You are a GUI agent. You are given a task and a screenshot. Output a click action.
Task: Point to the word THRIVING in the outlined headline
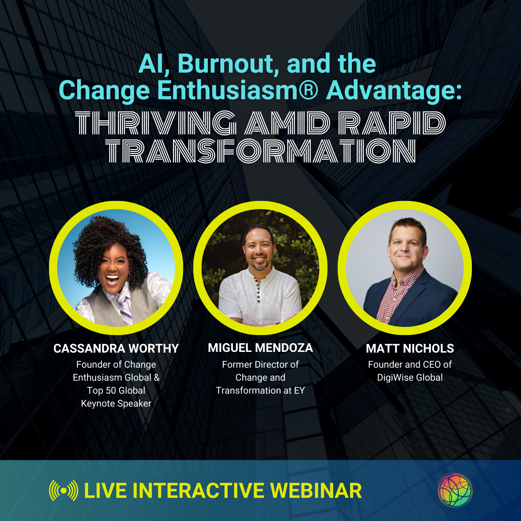tap(156, 123)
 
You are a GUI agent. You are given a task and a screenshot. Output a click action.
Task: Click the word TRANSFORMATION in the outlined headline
tap(261, 151)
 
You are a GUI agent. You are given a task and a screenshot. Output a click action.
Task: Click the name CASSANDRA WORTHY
tap(116, 348)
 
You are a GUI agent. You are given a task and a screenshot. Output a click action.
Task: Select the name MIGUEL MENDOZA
tap(260, 348)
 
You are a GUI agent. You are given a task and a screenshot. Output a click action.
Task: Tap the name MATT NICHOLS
tap(410, 348)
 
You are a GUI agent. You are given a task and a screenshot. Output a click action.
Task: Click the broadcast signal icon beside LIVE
tap(64, 490)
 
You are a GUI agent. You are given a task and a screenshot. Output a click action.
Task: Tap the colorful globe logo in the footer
tap(455, 490)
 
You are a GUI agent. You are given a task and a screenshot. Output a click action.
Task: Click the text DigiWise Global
tap(410, 378)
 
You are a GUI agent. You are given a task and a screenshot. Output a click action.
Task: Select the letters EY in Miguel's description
tap(299, 390)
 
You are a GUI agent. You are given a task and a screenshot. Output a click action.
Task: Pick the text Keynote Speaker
tap(116, 404)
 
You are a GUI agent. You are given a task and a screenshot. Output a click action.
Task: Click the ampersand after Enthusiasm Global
tap(156, 378)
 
